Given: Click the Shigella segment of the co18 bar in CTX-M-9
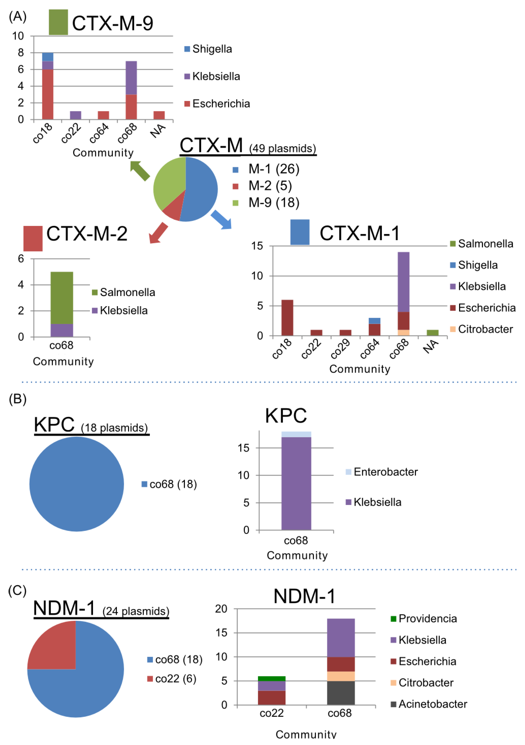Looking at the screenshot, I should tap(48, 57).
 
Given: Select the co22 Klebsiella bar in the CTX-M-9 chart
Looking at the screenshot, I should tap(76, 115).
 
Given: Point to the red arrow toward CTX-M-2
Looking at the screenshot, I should tap(158, 232).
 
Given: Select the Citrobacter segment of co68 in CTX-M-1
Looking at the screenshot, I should tap(403, 333).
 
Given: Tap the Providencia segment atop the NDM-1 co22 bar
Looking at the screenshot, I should tap(272, 679).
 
